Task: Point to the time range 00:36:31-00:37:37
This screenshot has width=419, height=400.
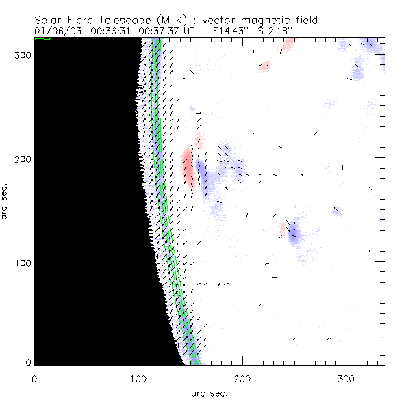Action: [x=136, y=31]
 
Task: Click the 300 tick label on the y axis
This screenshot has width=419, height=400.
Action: [x=22, y=55]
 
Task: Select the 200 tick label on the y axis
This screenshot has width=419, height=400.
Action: [x=22, y=159]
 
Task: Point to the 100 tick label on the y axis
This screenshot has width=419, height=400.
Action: [x=22, y=263]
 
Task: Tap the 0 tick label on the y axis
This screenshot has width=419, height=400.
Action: [x=27, y=363]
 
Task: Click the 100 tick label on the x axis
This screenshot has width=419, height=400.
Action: [x=138, y=378]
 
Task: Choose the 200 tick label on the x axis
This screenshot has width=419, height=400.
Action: [x=242, y=378]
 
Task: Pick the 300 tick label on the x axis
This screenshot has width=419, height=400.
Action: [x=346, y=378]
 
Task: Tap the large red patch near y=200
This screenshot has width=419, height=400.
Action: [x=187, y=168]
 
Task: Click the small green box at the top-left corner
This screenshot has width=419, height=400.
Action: [x=42, y=39]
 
